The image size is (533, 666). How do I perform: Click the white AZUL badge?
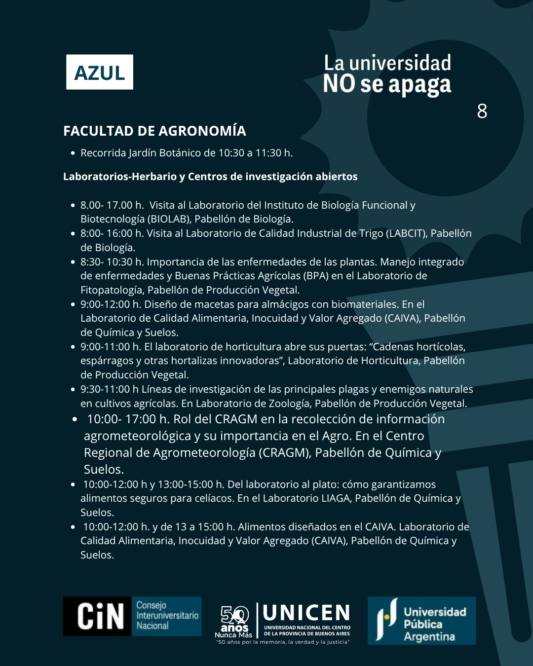[100, 72]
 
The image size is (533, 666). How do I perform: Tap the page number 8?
[482, 111]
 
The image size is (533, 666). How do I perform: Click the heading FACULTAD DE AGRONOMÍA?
[154, 131]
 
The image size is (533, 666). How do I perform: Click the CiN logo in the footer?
[100, 617]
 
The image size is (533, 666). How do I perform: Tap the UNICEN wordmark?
[306, 613]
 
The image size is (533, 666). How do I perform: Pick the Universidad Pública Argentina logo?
[421, 621]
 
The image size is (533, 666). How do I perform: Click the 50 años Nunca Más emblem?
[234, 622]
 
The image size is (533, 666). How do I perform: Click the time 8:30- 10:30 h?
[112, 262]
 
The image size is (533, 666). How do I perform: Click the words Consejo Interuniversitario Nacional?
[167, 616]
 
